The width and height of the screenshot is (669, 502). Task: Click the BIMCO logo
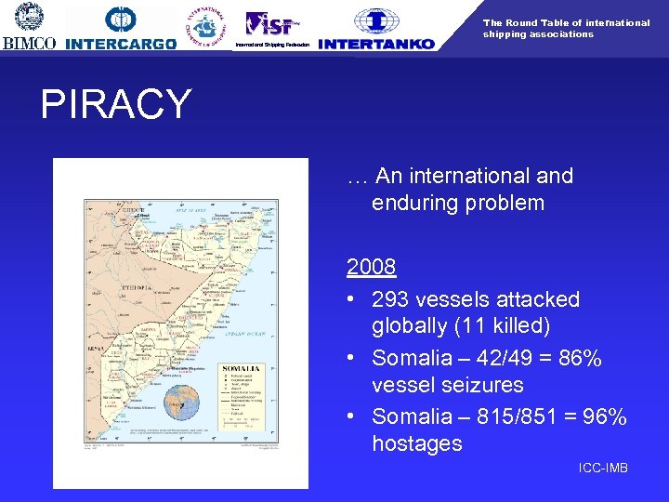coord(29,26)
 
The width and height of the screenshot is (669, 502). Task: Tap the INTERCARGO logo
coord(121,28)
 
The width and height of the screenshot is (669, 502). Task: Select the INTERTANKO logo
coord(375,29)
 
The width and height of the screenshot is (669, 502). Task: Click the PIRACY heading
coord(115,105)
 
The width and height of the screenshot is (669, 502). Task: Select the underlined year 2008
coord(372,268)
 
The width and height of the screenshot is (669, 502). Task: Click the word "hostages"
coord(416,444)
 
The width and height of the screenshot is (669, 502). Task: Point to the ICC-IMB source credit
coord(603,468)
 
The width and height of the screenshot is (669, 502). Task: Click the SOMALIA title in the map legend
coord(241,369)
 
